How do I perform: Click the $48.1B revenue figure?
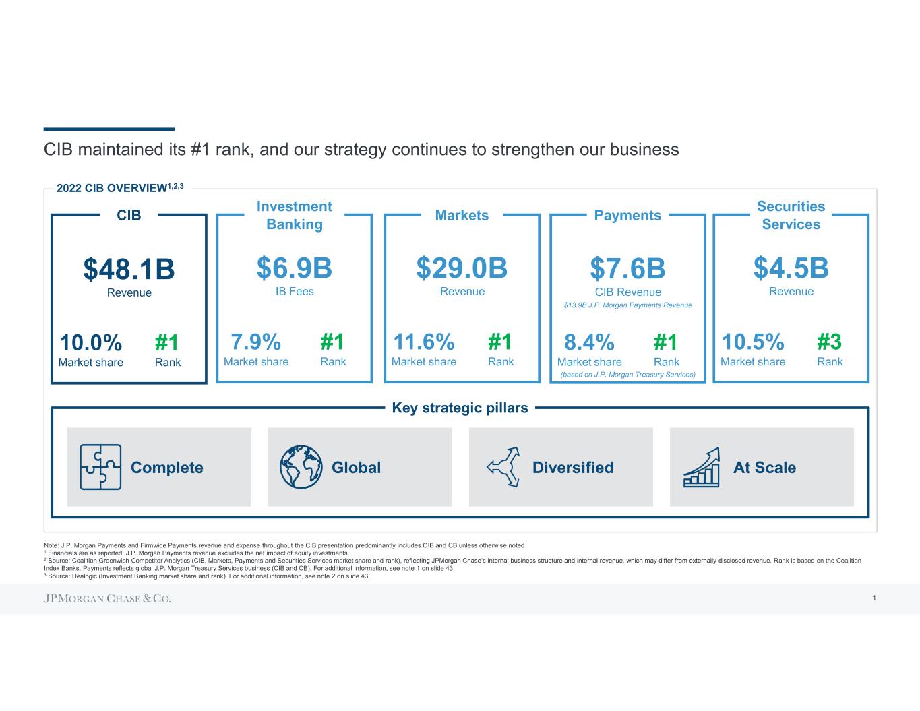[x=129, y=270]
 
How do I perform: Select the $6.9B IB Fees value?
[x=295, y=268]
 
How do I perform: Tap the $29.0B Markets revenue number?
[x=462, y=268]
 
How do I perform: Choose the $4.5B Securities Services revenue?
[x=791, y=268]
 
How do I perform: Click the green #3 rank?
[x=829, y=342]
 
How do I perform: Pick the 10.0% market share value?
[x=91, y=343]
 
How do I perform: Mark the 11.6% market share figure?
[x=423, y=342]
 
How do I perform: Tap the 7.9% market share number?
[x=256, y=342]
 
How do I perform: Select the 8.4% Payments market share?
[x=589, y=343]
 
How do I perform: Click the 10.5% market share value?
[x=753, y=342]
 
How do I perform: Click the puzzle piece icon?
[x=100, y=466]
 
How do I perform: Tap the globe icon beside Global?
[x=301, y=466]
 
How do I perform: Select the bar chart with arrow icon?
[x=702, y=466]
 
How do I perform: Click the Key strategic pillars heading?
[x=460, y=408]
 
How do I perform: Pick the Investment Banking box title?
[x=295, y=216]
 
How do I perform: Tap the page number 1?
[x=873, y=598]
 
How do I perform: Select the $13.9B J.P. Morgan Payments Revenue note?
[x=627, y=305]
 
